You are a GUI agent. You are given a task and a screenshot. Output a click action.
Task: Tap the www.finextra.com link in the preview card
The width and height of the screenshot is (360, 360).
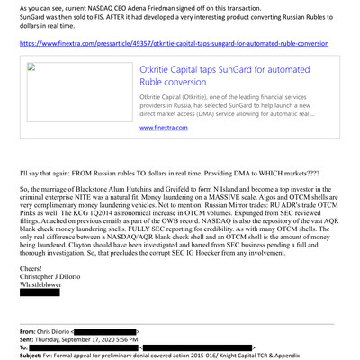point(164,129)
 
